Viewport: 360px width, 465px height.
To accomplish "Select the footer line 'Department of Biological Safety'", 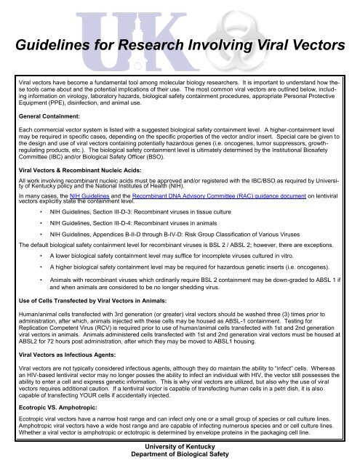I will click(x=179, y=456).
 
